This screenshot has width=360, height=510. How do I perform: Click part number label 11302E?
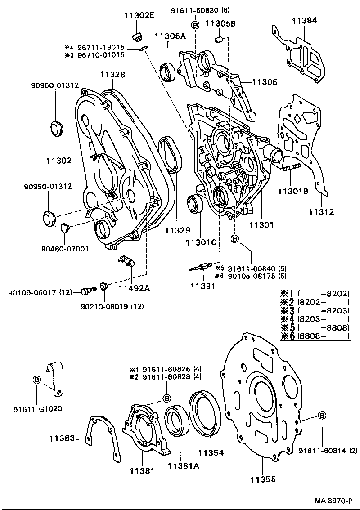pyautogui.click(x=139, y=16)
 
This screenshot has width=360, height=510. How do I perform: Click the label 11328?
pyautogui.click(x=112, y=75)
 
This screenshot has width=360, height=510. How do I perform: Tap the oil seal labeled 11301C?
pyautogui.click(x=195, y=205)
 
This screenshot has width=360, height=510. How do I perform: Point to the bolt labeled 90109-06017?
pyautogui.click(x=87, y=291)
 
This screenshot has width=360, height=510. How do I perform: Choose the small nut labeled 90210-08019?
pyautogui.click(x=103, y=286)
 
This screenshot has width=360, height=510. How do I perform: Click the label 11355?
pyautogui.click(x=262, y=479)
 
